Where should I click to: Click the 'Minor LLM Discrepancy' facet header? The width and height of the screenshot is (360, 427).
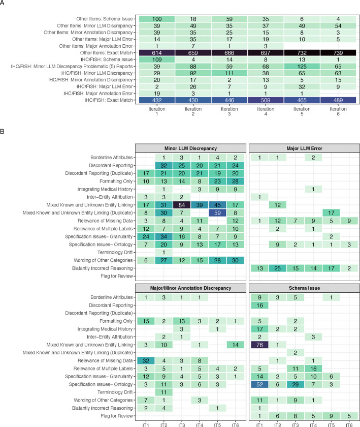tap(190, 147)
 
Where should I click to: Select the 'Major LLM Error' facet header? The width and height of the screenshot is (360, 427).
tap(299, 147)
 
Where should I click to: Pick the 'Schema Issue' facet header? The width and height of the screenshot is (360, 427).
tap(299, 288)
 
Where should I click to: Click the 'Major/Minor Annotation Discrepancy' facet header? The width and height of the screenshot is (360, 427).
tap(190, 288)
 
